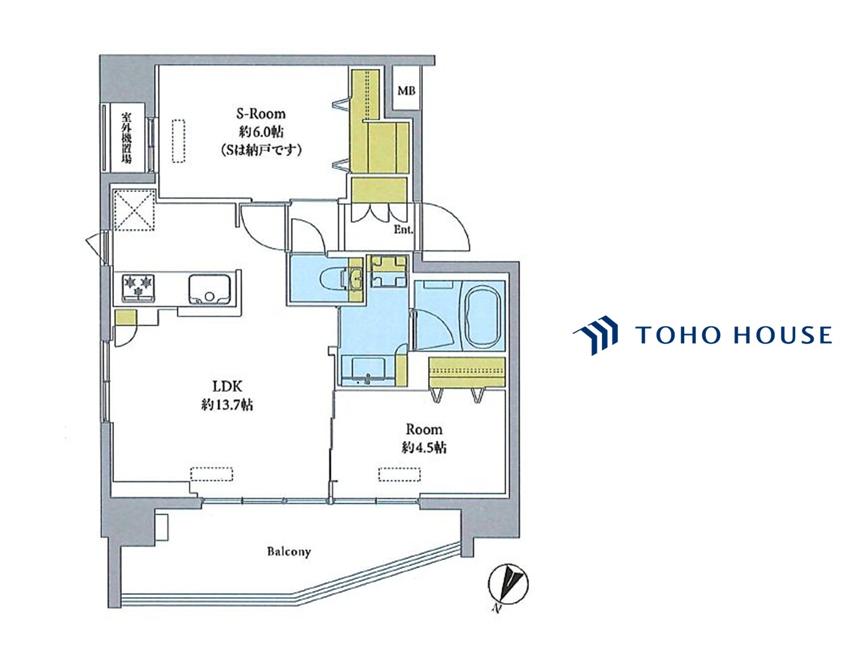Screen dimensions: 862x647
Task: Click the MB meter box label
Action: [x=406, y=91]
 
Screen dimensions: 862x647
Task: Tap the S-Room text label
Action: [x=261, y=114]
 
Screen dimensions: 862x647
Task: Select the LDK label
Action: [x=227, y=386]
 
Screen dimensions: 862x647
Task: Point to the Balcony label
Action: [x=289, y=552]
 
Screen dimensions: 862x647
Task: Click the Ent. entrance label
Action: [x=404, y=230]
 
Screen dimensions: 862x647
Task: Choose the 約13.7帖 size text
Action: [x=227, y=405]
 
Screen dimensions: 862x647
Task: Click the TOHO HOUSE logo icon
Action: [x=595, y=335]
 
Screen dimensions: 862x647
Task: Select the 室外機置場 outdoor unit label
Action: [x=127, y=138]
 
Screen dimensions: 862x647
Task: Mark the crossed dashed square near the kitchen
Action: [x=133, y=210]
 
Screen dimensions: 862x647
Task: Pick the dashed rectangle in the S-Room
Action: [x=178, y=141]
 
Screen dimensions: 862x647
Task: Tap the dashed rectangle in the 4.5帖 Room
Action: [x=400, y=475]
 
